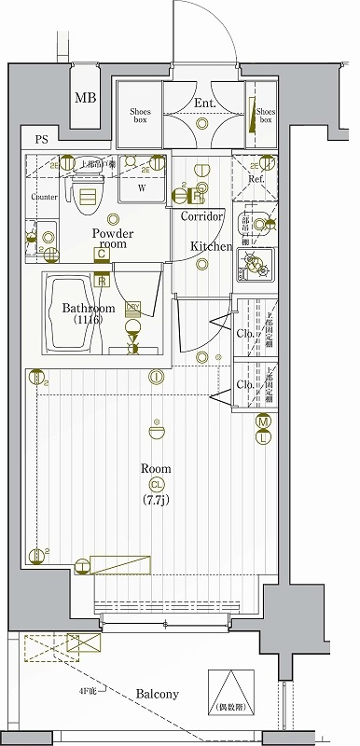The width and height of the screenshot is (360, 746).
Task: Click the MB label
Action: pyautogui.click(x=86, y=97)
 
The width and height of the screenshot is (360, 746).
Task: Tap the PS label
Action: pyautogui.click(x=41, y=140)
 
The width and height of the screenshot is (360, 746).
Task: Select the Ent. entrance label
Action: pyautogui.click(x=205, y=104)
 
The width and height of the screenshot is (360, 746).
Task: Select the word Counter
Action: pyautogui.click(x=45, y=198)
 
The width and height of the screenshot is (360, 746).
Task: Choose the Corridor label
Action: pyautogui.click(x=201, y=216)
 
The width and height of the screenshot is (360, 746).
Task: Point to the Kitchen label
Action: pyautogui.click(x=212, y=246)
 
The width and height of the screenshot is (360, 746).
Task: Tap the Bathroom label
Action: pyautogui.click(x=89, y=309)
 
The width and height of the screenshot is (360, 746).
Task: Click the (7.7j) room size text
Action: pyautogui.click(x=156, y=500)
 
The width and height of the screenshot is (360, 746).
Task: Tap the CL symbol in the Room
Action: pyautogui.click(x=157, y=484)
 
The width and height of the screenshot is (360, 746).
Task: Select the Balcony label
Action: pyautogui.click(x=158, y=694)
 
